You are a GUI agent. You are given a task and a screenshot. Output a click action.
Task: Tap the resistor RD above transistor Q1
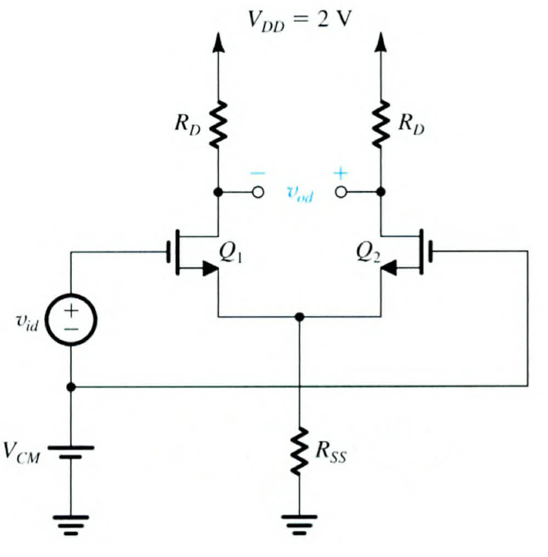coord(218,124)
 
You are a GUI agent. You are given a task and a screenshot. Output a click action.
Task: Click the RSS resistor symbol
coord(299,451)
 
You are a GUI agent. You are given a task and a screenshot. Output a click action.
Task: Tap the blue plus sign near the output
coord(341,174)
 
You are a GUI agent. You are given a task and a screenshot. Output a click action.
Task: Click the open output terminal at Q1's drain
coord(258,192)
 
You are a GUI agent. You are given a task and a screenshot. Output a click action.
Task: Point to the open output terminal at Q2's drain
coord(341,192)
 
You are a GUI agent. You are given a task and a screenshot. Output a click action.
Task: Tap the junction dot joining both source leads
coord(299,317)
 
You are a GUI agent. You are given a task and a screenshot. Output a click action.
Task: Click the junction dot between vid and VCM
coord(71,387)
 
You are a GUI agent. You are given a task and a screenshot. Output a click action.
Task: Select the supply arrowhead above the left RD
coord(218,42)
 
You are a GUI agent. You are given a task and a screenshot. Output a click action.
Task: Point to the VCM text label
coord(22,453)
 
